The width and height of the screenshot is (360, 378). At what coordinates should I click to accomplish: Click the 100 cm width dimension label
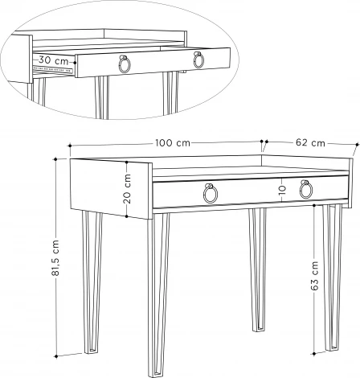[x=173, y=142]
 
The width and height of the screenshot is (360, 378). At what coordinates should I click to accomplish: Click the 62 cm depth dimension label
[x=310, y=142]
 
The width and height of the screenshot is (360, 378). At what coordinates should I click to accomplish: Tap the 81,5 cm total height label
[x=55, y=257]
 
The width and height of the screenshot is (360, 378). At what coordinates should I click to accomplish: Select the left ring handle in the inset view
[x=125, y=64]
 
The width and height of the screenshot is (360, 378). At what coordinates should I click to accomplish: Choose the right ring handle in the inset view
[x=198, y=60]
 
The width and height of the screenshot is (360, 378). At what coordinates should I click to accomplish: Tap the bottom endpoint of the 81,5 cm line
[x=55, y=355]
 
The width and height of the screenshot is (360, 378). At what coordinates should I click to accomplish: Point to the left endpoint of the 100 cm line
[x=71, y=146]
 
